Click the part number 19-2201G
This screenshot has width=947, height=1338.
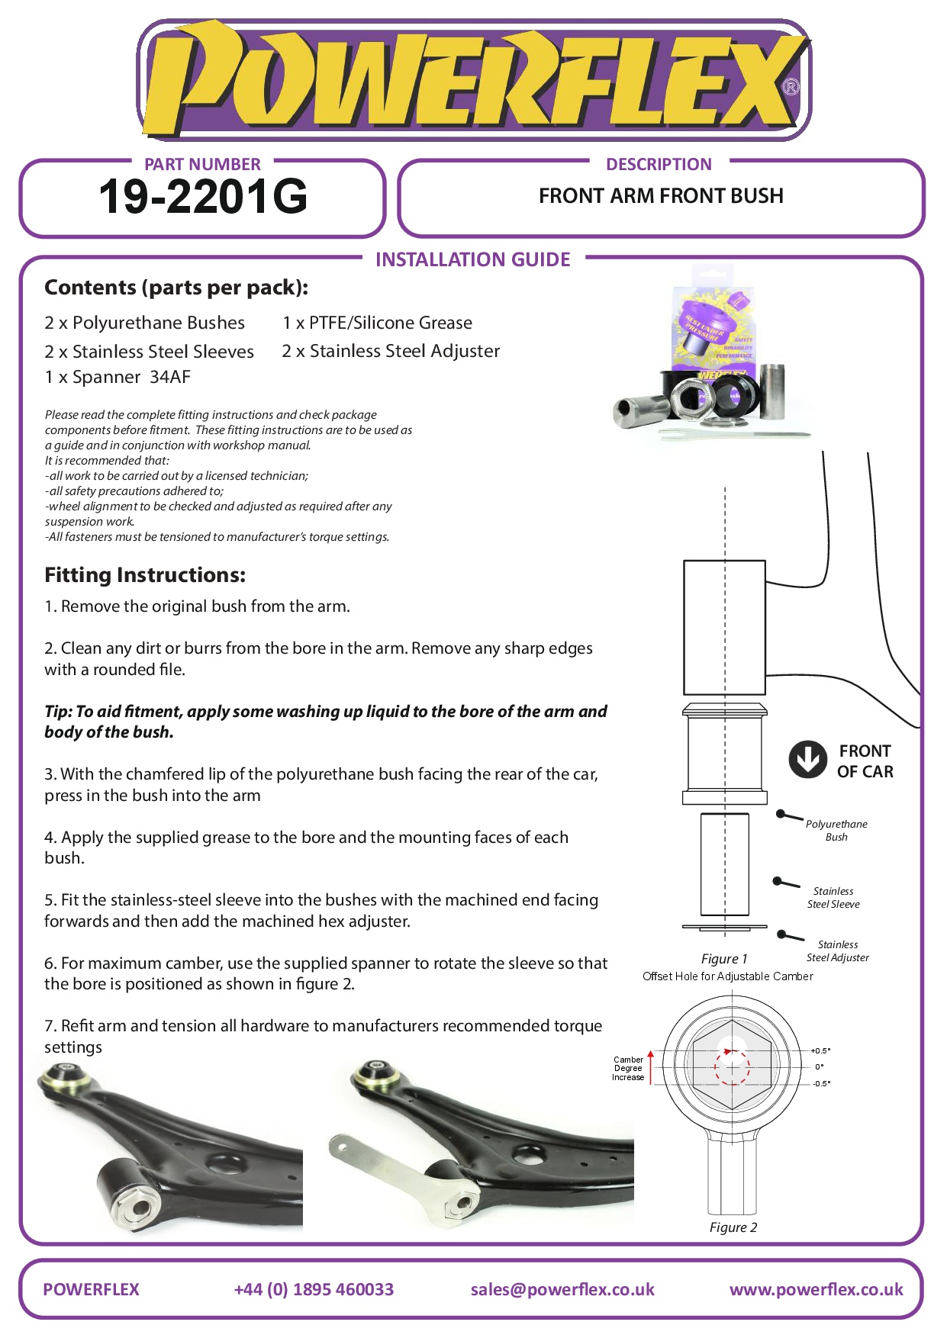click(203, 197)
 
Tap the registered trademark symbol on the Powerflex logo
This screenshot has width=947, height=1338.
click(791, 87)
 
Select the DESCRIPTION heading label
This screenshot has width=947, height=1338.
click(659, 164)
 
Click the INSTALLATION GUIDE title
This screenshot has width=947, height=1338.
click(472, 259)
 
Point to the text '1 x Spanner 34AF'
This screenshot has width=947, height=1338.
click(118, 377)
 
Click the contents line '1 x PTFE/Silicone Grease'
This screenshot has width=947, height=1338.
click(377, 323)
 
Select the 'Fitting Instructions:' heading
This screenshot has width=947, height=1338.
click(145, 574)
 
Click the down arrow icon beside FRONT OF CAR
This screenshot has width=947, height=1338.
click(807, 759)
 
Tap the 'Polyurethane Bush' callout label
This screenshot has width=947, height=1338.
click(836, 830)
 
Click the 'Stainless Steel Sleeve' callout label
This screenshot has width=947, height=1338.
click(833, 897)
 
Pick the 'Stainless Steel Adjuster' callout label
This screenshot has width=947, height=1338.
click(837, 950)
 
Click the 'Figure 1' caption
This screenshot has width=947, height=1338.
click(724, 959)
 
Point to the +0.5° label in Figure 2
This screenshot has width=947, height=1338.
click(820, 1050)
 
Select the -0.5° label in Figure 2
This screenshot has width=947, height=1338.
click(821, 1083)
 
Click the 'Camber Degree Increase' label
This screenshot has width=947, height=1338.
click(628, 1068)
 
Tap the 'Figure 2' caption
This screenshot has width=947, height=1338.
click(733, 1227)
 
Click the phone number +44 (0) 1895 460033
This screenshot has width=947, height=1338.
click(314, 1289)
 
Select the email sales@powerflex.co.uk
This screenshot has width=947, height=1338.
click(562, 1289)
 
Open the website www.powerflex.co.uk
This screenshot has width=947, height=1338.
click(816, 1289)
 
